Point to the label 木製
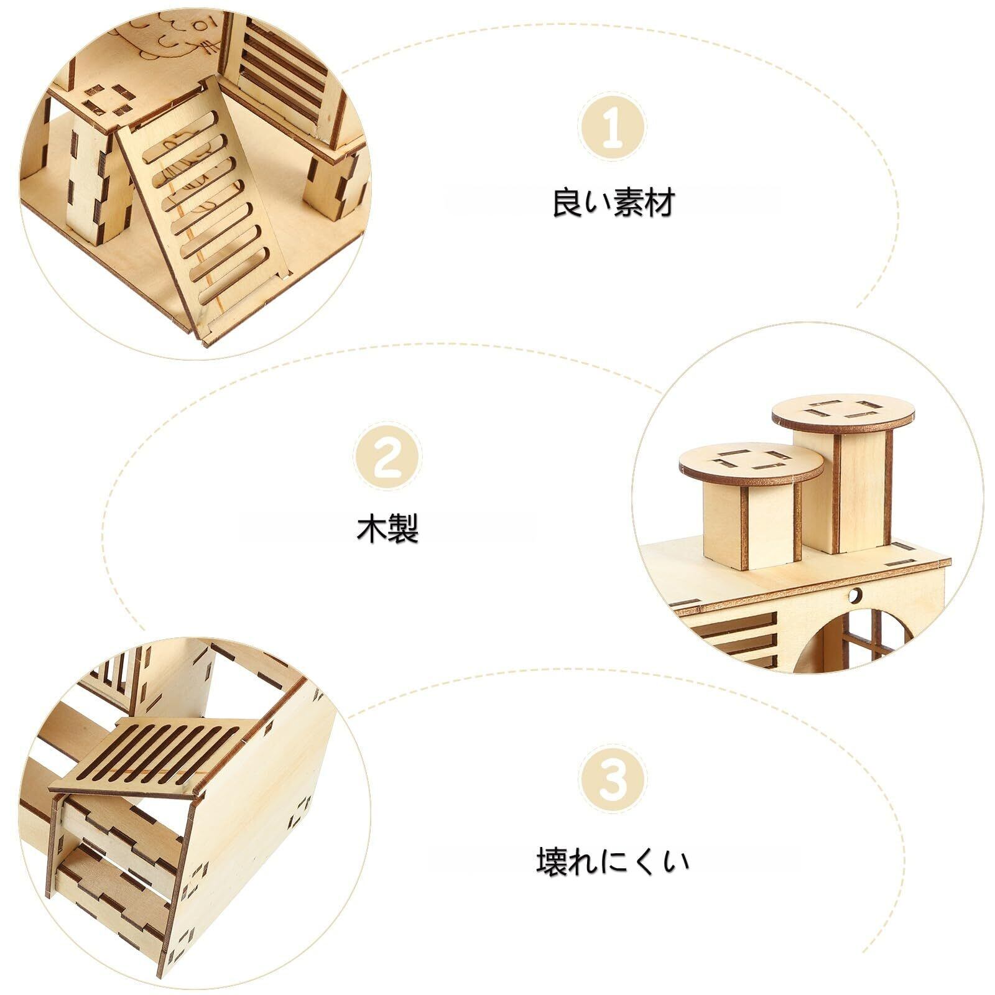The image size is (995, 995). pos(387,530)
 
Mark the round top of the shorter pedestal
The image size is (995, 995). pos(751,463)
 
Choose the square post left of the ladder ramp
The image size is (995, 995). pos(93,174)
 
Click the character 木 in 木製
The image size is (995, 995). pos(372,530)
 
